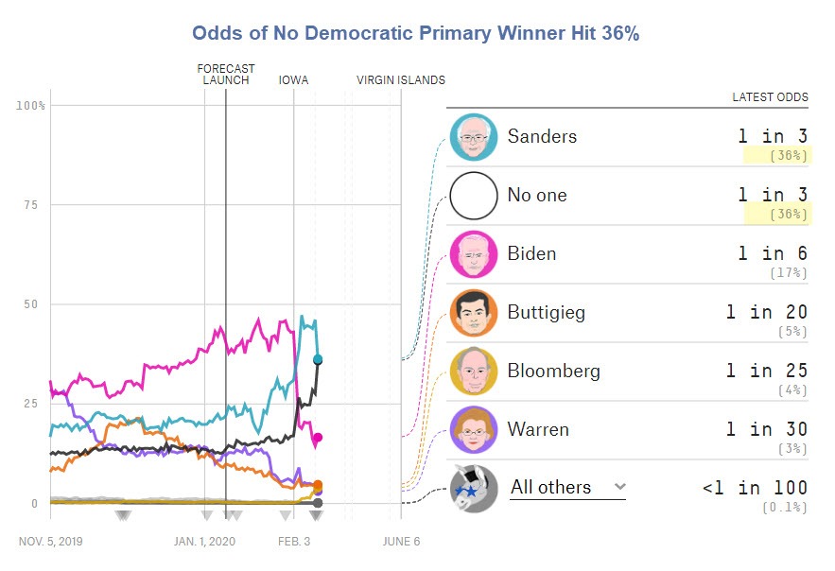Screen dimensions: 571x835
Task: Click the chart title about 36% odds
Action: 416,33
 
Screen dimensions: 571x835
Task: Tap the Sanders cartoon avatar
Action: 473,137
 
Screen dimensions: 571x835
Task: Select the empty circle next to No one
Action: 473,196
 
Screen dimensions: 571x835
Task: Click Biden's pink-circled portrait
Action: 473,254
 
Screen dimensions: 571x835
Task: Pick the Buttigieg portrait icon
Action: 473,313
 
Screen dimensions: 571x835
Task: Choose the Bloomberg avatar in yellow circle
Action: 473,372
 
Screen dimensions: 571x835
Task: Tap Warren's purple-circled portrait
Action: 473,430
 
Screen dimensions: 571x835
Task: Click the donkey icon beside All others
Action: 473,489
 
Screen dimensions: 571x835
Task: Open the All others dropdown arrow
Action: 619,487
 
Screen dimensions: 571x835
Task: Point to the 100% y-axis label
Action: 31,105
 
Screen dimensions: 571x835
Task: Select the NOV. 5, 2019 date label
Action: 50,542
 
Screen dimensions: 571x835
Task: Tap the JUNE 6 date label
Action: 401,542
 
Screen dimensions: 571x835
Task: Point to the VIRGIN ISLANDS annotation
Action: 400,80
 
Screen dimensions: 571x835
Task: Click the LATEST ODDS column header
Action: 770,97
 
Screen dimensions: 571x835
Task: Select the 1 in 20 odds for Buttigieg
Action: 767,313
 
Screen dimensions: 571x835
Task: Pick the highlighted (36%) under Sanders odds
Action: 789,156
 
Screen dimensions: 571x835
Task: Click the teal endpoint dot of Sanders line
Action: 318,359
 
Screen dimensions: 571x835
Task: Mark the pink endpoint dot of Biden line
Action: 318,438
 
